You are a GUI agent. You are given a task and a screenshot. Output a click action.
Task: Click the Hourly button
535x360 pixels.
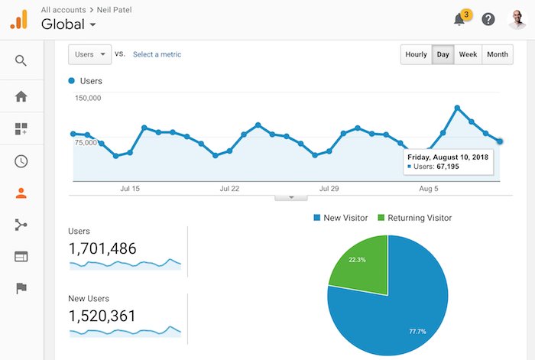click(x=416, y=54)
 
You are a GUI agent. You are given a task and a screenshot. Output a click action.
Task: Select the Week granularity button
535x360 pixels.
click(x=468, y=54)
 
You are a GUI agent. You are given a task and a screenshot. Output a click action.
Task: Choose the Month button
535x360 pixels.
click(x=497, y=54)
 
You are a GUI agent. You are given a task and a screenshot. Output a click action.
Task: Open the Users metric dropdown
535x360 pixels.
click(x=90, y=54)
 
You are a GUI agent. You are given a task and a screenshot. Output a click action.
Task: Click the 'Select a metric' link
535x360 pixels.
click(x=157, y=54)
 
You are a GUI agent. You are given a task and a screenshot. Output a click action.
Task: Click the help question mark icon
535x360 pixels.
click(x=488, y=20)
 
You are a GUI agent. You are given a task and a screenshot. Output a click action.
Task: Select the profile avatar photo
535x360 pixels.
click(x=517, y=19)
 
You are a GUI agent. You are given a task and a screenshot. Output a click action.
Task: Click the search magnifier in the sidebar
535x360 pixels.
click(x=21, y=60)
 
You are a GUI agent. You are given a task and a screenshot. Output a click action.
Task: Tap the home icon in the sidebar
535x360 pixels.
click(x=21, y=96)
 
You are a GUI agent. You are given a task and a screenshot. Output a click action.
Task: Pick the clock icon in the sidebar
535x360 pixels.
click(x=21, y=161)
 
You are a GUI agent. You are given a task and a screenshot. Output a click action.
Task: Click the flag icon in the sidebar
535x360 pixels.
click(x=21, y=288)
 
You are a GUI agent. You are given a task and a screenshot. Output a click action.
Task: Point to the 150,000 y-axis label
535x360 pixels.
click(x=88, y=99)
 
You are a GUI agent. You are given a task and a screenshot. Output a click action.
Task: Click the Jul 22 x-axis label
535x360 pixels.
click(x=229, y=188)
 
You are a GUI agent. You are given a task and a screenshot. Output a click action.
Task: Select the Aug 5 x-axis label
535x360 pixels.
click(x=429, y=188)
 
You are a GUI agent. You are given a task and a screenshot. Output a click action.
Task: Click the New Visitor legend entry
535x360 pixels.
click(x=340, y=218)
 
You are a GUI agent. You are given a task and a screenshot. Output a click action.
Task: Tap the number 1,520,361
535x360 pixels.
click(x=104, y=316)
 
